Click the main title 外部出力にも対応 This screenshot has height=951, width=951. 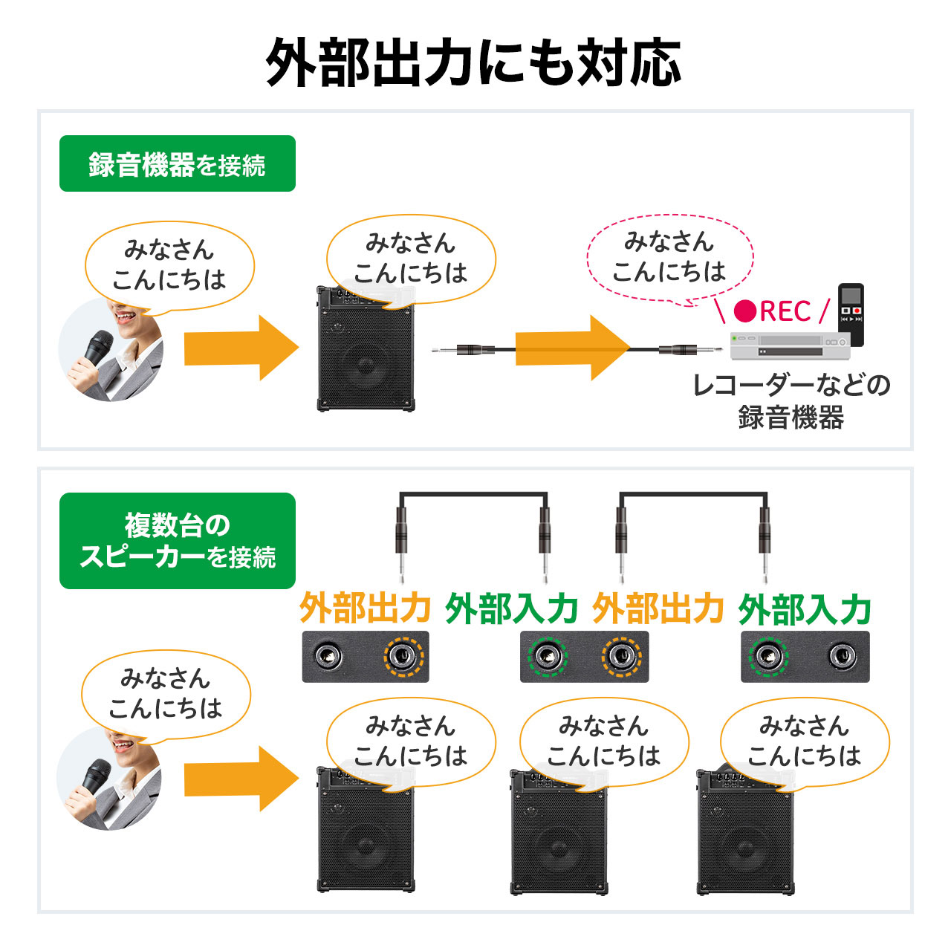click(x=474, y=63)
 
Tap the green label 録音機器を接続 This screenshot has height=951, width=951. click(x=177, y=164)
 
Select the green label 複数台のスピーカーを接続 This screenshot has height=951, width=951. click(x=177, y=541)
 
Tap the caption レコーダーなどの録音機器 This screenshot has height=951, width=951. click(x=791, y=401)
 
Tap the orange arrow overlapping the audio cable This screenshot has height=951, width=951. click(x=572, y=348)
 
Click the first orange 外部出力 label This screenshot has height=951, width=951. click(x=365, y=608)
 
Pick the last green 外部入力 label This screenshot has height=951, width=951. click(x=805, y=610)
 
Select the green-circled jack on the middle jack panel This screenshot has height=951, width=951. click(x=548, y=657)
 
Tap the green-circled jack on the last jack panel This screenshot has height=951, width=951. click(x=768, y=657)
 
